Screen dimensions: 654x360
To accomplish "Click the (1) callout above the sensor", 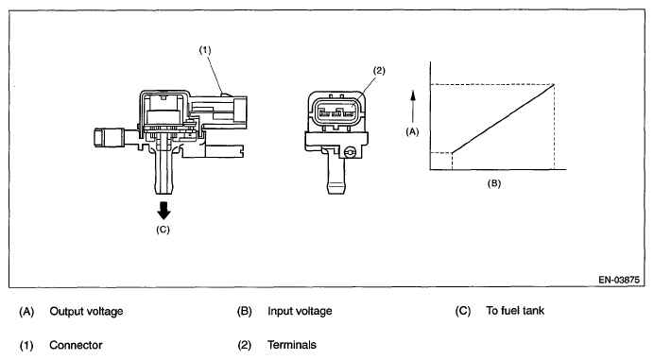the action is (205, 50).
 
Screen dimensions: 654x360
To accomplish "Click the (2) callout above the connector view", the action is (379, 71).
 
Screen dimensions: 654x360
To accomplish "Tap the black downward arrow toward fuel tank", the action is (163, 211).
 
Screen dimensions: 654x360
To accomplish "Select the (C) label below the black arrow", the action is (163, 230).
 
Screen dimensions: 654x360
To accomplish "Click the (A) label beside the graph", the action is (412, 132).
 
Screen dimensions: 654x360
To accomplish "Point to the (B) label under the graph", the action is (494, 183).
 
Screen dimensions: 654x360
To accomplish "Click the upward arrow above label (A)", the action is (413, 107).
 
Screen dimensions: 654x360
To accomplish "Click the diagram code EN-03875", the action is (619, 280).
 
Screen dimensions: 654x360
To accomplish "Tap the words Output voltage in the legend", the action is (86, 311).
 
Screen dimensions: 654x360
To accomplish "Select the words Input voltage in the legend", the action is (300, 311).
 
